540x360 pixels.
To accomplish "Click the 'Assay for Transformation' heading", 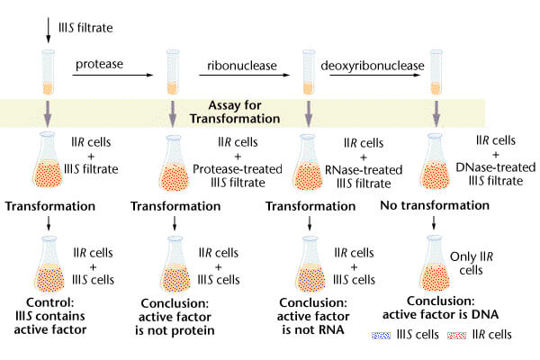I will pos(242,110).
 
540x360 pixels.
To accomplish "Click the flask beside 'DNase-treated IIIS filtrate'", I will pos(436,159).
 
